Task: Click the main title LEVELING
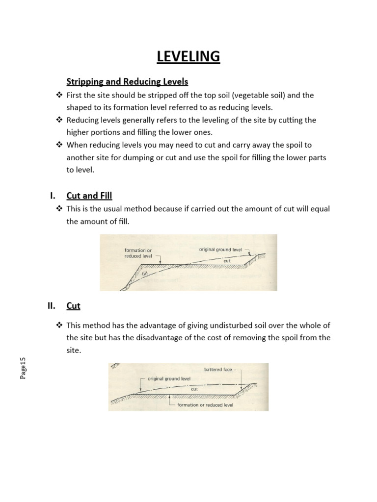(x=188, y=57)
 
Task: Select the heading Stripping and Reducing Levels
(x=127, y=81)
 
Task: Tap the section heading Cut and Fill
(x=89, y=196)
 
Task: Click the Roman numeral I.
(x=53, y=196)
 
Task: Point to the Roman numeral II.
(x=51, y=305)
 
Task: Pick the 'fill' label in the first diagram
(x=144, y=276)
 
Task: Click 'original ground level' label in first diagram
(x=220, y=249)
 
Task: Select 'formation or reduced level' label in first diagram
(x=138, y=253)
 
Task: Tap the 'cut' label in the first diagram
(x=227, y=261)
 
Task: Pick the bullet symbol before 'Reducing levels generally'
(x=59, y=120)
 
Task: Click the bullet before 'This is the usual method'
(x=59, y=209)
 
